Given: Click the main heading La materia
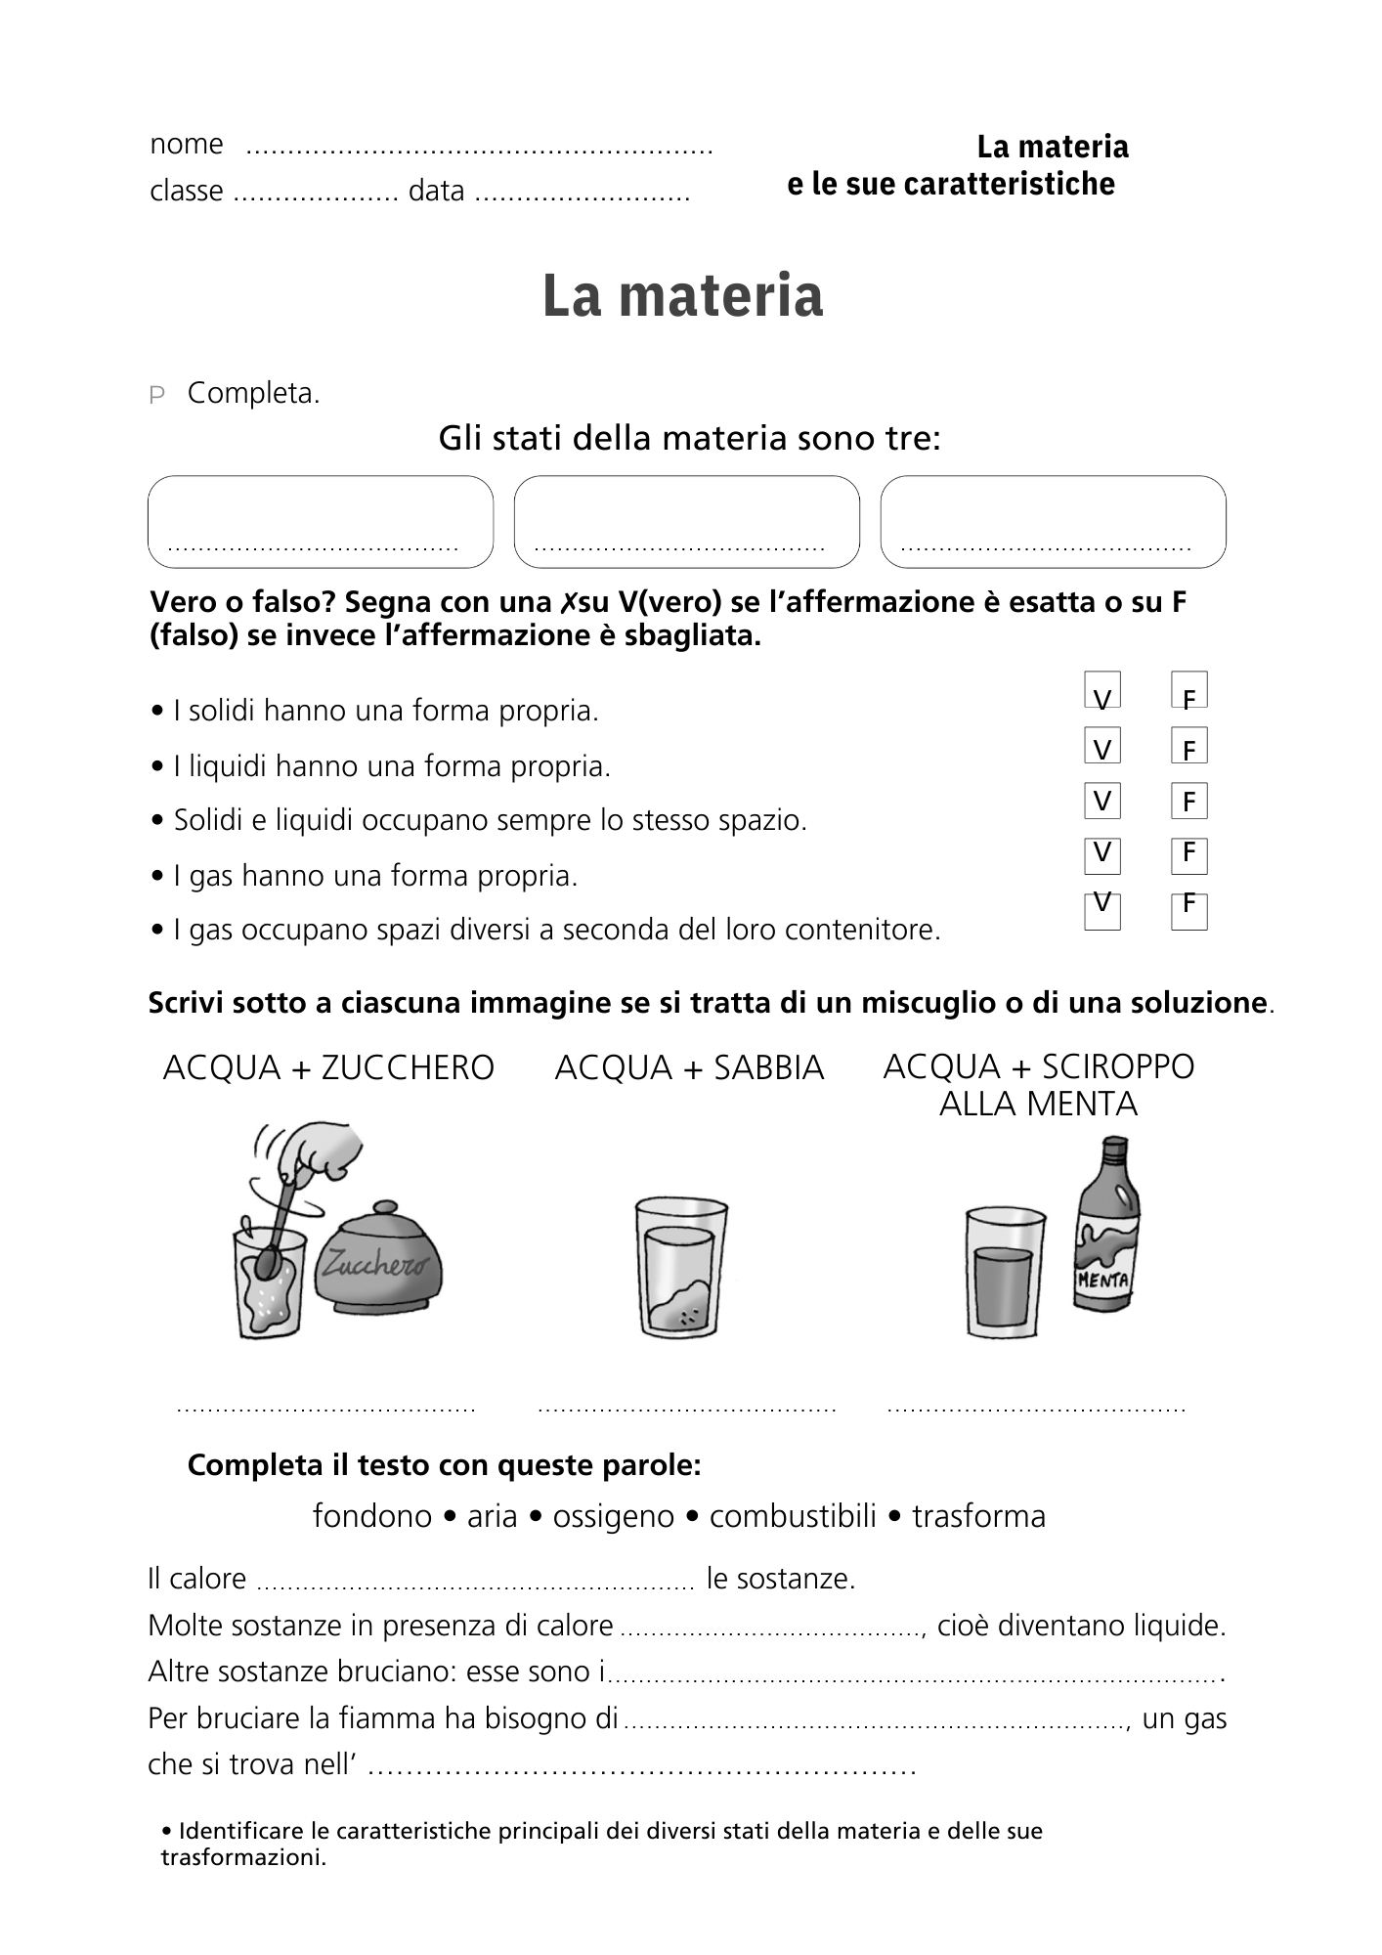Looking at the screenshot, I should (682, 296).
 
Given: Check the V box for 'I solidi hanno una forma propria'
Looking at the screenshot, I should (1101, 690).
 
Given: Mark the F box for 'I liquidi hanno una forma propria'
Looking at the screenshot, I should (1188, 746).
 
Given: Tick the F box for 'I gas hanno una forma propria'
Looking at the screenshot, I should (1188, 855).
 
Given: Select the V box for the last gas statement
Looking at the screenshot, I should (1101, 911).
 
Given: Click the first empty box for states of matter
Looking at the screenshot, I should (321, 521).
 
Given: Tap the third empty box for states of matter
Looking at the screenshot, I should (1053, 521).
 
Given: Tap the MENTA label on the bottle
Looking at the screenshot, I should (1102, 1279).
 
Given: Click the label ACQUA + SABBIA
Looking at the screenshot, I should (689, 1067).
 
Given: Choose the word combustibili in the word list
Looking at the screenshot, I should (793, 1516).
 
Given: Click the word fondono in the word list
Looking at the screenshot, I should (371, 1516).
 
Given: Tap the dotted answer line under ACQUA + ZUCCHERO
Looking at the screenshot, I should (325, 1409).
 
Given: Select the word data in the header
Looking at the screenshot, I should (436, 191).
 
